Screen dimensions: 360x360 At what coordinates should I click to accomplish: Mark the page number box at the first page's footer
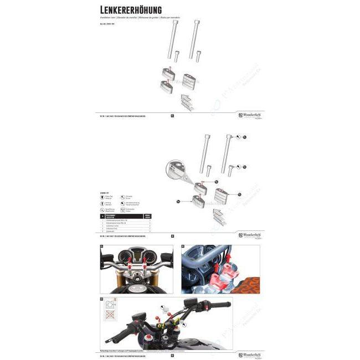pos(172,116)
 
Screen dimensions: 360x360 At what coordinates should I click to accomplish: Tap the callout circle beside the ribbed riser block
pos(240,194)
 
